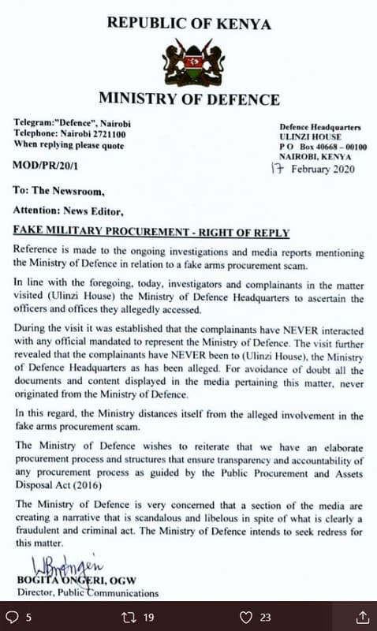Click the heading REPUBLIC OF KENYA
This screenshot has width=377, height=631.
[188, 24]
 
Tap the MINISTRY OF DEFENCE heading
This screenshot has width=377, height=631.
[188, 99]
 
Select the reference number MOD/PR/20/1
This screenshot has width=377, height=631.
[45, 167]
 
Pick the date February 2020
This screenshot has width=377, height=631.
[323, 169]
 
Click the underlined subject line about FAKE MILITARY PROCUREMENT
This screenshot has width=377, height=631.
[151, 233]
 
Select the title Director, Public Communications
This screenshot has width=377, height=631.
[86, 593]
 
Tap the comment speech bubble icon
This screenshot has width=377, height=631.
[13, 617]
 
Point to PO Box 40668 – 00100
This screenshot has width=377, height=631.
[323, 147]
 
